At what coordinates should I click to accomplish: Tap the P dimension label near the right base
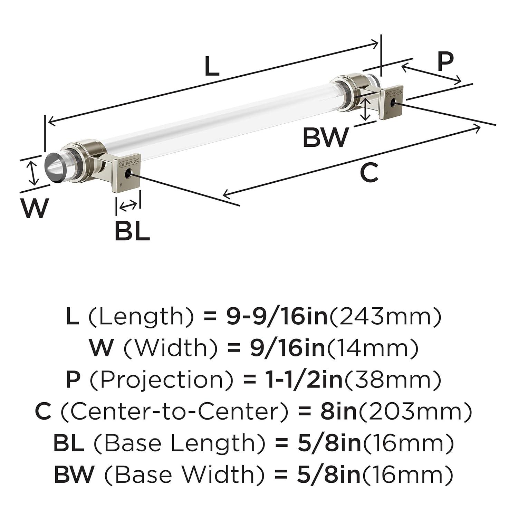pyautogui.click(x=445, y=61)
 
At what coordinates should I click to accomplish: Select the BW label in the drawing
pyautogui.click(x=325, y=137)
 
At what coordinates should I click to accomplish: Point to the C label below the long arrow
pyautogui.click(x=369, y=173)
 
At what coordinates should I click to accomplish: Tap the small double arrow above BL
pyautogui.click(x=128, y=206)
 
